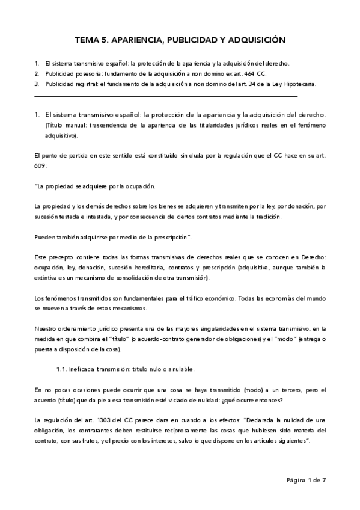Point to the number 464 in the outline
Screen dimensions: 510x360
click(236, 73)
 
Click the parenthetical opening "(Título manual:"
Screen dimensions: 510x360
click(66, 125)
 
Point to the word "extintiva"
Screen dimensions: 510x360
click(49, 279)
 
